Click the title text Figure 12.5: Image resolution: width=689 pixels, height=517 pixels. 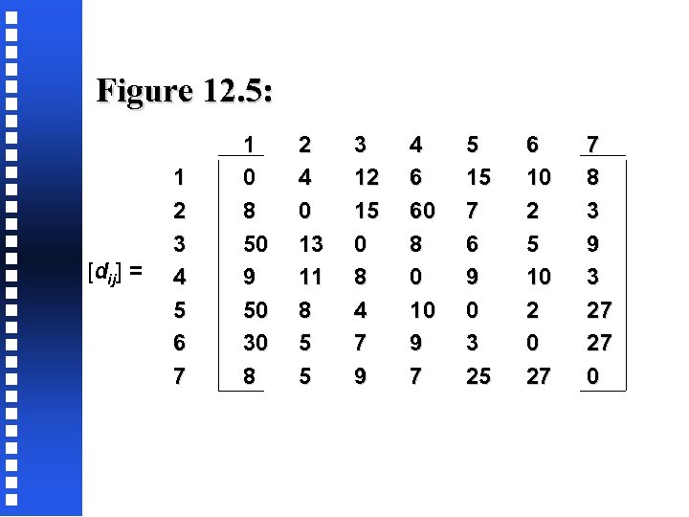pyautogui.click(x=185, y=92)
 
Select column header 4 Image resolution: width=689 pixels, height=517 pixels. pyautogui.click(x=415, y=145)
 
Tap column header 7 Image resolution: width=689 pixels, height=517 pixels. pyautogui.click(x=593, y=145)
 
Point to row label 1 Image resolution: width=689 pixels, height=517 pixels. pyautogui.click(x=178, y=177)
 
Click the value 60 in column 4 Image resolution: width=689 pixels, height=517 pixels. pyautogui.click(x=422, y=211)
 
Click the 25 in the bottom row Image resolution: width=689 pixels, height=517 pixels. pyautogui.click(x=478, y=377)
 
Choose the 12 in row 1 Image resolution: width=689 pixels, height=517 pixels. pyautogui.click(x=367, y=177)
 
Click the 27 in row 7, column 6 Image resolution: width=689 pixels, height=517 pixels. pyautogui.click(x=539, y=377)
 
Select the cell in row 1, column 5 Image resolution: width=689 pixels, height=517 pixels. pyautogui.click(x=478, y=177)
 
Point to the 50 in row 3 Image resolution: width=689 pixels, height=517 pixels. pyautogui.click(x=256, y=244)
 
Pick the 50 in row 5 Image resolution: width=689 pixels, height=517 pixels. pyautogui.click(x=256, y=310)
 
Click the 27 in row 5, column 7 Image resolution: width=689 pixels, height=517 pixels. pyautogui.click(x=599, y=310)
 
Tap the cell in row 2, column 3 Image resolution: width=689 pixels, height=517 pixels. pyautogui.click(x=367, y=211)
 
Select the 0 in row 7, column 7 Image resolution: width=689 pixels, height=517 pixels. pyautogui.click(x=593, y=377)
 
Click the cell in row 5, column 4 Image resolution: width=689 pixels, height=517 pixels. pyautogui.click(x=422, y=310)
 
